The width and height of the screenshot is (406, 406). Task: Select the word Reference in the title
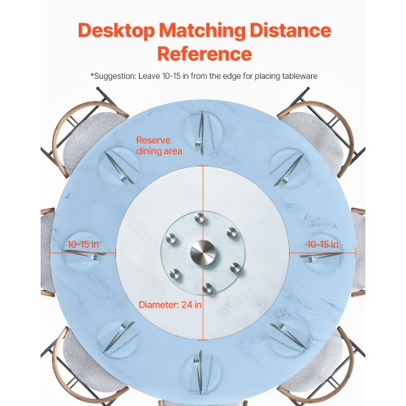[203, 54]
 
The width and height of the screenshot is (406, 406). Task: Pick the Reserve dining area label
[158, 145]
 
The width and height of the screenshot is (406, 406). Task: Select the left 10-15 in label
[84, 243]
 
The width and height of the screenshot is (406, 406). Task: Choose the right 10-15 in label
[322, 243]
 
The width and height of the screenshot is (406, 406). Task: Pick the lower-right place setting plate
[288, 331]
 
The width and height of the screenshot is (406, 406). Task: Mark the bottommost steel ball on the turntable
[207, 287]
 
